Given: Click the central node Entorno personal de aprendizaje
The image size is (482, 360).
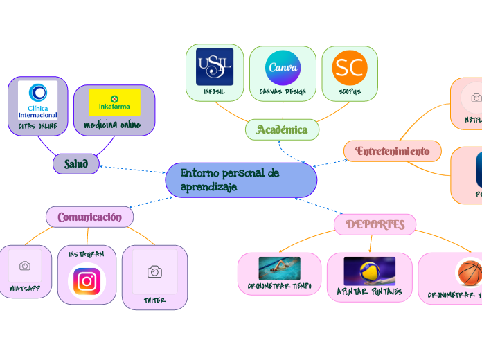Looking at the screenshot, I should pos(241,180).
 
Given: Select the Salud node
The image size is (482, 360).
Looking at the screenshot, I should pos(76,163).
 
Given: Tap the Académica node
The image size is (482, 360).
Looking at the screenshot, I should pos(282,129).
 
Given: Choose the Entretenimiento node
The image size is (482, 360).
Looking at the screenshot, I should pos(393,151).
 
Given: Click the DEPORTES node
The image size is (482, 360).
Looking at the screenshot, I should pos(375,224).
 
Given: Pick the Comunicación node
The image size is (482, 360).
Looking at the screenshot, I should pos(90,217).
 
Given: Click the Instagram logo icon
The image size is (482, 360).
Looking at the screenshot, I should pos(87,282).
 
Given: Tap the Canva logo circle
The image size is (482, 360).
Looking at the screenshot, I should pos(283,68).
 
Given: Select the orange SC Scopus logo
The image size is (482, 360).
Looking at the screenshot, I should pos(350,67).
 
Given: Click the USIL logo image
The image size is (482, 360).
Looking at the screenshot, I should pos(215,67).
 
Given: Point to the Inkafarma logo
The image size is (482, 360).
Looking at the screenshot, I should pos(114,102).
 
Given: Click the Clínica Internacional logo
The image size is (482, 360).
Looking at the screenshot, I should pos(38,100).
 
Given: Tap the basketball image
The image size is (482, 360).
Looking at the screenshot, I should pos(470,272).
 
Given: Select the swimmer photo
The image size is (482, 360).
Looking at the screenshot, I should pos(279,268).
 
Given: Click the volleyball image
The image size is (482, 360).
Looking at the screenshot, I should pos(369,271).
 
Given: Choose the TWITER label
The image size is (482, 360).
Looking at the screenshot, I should pos(154,300).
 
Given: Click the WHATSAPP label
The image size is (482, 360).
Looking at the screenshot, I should pos(24,288).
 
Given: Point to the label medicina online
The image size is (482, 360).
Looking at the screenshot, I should pos(112,125).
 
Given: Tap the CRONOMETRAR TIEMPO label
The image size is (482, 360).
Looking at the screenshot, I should pos(279,285).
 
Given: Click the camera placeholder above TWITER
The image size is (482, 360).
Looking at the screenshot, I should pos(154,272).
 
